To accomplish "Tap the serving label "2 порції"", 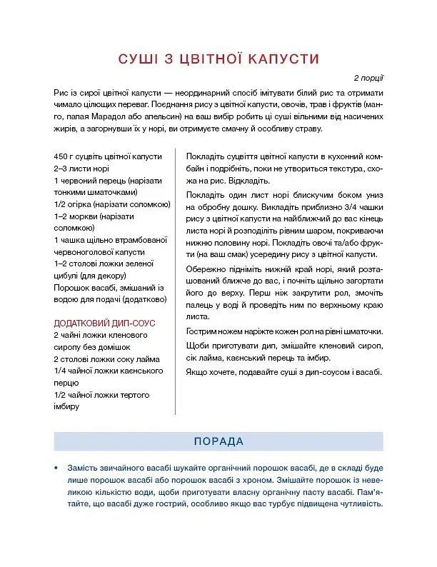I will (x=368, y=77).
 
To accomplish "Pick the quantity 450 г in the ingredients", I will (x=64, y=156).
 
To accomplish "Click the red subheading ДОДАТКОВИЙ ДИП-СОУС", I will (x=104, y=323).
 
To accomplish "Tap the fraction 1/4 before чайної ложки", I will (x=61, y=370).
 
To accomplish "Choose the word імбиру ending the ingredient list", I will (x=66, y=406).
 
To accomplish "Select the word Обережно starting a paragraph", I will (x=205, y=269).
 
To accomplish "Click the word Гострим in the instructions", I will (x=202, y=331).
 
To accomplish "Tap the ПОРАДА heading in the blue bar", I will (x=218, y=441).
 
